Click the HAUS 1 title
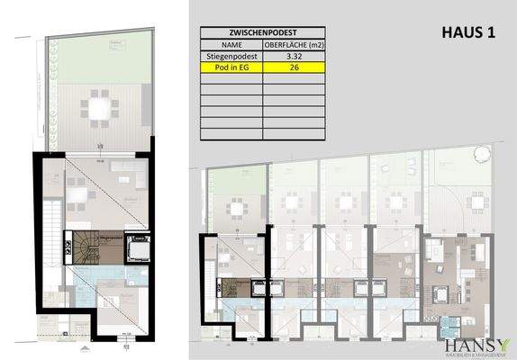pos(470,33)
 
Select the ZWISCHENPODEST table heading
pos(262,31)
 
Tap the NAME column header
pos(231,43)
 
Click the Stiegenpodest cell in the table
pos(231,55)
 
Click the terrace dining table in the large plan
pos(98,109)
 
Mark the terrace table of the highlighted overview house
pos(236,210)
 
